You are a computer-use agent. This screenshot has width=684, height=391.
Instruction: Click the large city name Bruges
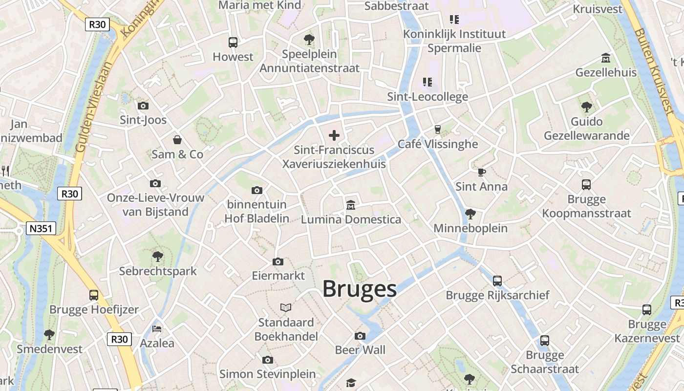[x=359, y=289]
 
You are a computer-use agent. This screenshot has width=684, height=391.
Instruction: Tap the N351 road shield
[x=42, y=228]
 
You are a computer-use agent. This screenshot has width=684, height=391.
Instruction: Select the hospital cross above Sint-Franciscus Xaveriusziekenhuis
[x=334, y=135]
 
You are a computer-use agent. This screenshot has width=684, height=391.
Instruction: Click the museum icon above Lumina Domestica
[x=350, y=205]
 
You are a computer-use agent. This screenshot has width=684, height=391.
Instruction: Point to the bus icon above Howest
[x=233, y=43]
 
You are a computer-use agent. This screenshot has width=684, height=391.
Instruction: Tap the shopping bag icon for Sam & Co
[x=177, y=140]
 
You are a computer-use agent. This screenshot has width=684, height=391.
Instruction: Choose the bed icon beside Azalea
[x=157, y=328]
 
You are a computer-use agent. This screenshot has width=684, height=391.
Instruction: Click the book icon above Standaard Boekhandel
[x=286, y=307]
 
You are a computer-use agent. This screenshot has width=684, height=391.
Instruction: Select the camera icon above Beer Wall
[x=360, y=336]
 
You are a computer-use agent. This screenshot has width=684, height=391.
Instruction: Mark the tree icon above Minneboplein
[x=470, y=214]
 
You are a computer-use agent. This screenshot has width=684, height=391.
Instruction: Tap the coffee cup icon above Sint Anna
[x=481, y=172]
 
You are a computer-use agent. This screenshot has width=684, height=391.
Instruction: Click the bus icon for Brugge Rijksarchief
[x=497, y=281]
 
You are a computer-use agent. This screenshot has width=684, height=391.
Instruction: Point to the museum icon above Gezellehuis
[x=606, y=58]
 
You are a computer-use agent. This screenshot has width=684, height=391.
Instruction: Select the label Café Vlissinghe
[x=437, y=144]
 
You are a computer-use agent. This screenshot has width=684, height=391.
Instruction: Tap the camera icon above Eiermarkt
[x=278, y=262]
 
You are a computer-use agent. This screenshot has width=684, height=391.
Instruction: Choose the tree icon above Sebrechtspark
[x=157, y=256]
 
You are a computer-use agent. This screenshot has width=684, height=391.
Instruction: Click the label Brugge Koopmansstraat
[x=586, y=206]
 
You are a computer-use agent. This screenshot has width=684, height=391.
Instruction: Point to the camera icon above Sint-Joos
[x=143, y=106]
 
